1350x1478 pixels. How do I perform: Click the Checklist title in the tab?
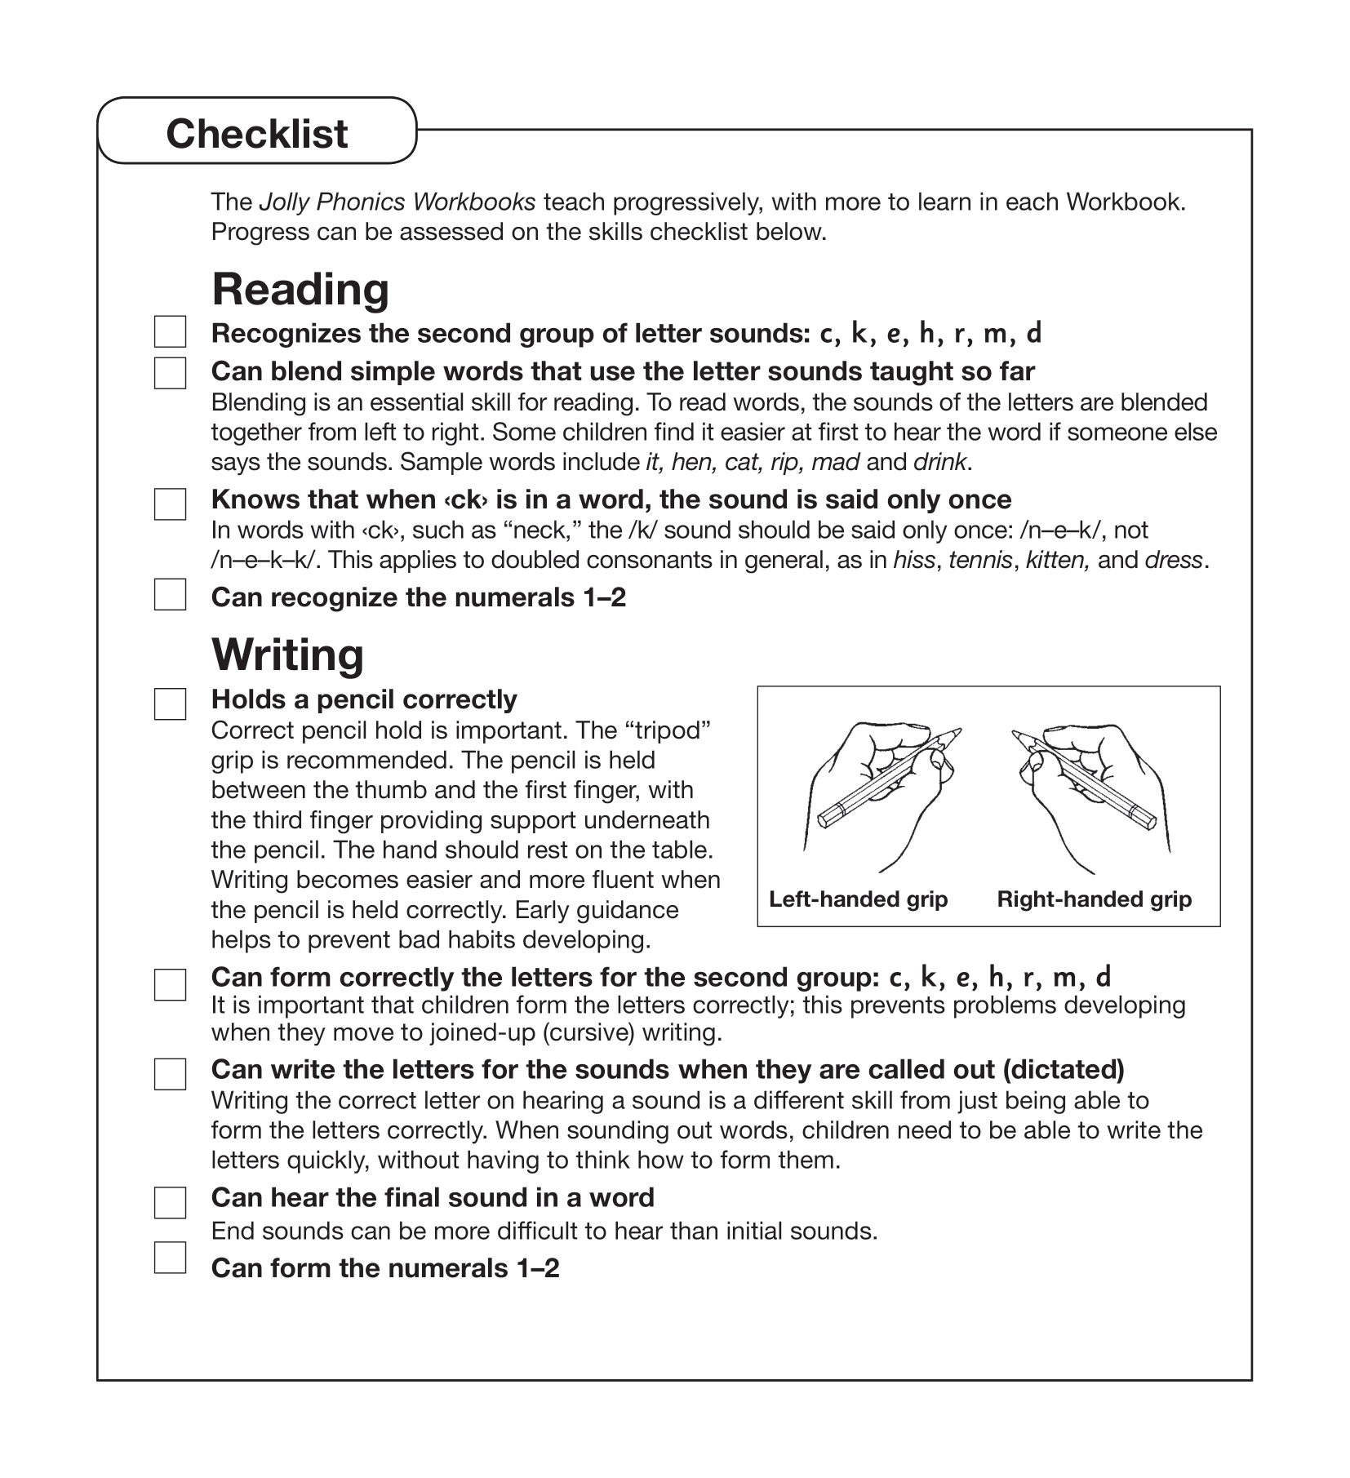tap(256, 134)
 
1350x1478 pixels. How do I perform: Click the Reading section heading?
tap(300, 290)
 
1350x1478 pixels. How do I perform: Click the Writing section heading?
tap(287, 655)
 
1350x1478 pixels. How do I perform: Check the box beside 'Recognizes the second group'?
tap(170, 332)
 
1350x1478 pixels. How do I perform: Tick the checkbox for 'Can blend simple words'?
tap(170, 373)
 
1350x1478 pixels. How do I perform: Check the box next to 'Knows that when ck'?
tap(170, 504)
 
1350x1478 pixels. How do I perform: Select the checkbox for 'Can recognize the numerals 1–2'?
tap(170, 595)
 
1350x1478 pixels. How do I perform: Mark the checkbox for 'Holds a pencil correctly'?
tap(170, 703)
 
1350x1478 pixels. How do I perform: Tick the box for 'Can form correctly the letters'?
tap(170, 984)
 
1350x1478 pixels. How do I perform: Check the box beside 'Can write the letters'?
tap(170, 1074)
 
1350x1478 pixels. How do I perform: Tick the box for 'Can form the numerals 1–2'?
tap(170, 1258)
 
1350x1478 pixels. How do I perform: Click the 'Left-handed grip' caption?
tap(858, 899)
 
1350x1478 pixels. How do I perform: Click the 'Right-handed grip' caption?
tap(1094, 899)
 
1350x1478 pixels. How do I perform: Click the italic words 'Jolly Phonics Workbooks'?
tap(397, 202)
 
